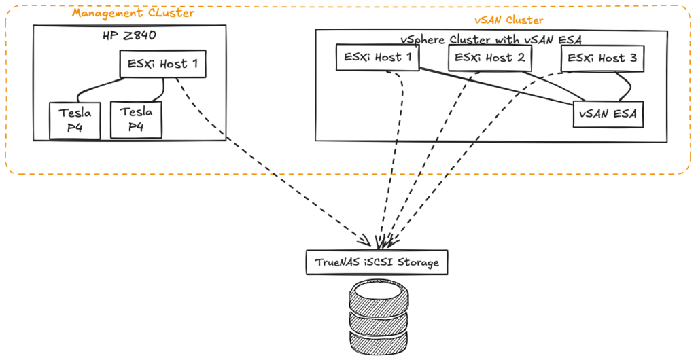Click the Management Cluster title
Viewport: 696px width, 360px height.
[x=133, y=13]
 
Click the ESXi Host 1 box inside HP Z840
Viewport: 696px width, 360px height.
[x=163, y=65]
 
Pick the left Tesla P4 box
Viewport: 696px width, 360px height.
[x=75, y=120]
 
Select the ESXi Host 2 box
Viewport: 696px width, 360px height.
[x=489, y=58]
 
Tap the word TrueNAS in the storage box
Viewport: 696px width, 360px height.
[x=337, y=262]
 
